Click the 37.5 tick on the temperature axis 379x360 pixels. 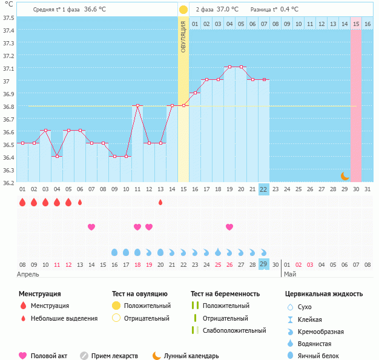[x=8, y=18]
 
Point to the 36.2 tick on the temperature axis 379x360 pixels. [x=8, y=183]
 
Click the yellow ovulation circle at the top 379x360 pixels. [x=183, y=10]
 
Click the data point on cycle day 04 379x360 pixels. [x=57, y=156]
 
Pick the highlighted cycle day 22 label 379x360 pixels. [x=263, y=189]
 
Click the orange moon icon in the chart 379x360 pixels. [x=344, y=175]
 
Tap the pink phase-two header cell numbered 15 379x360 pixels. [x=356, y=24]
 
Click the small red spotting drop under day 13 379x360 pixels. [x=160, y=202]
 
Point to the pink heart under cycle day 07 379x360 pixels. [x=91, y=227]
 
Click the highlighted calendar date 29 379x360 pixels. [x=263, y=264]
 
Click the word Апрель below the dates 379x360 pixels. [x=28, y=275]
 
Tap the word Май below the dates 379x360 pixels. [x=290, y=275]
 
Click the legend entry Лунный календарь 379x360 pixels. [x=193, y=356]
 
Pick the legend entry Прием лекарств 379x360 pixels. [x=114, y=356]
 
